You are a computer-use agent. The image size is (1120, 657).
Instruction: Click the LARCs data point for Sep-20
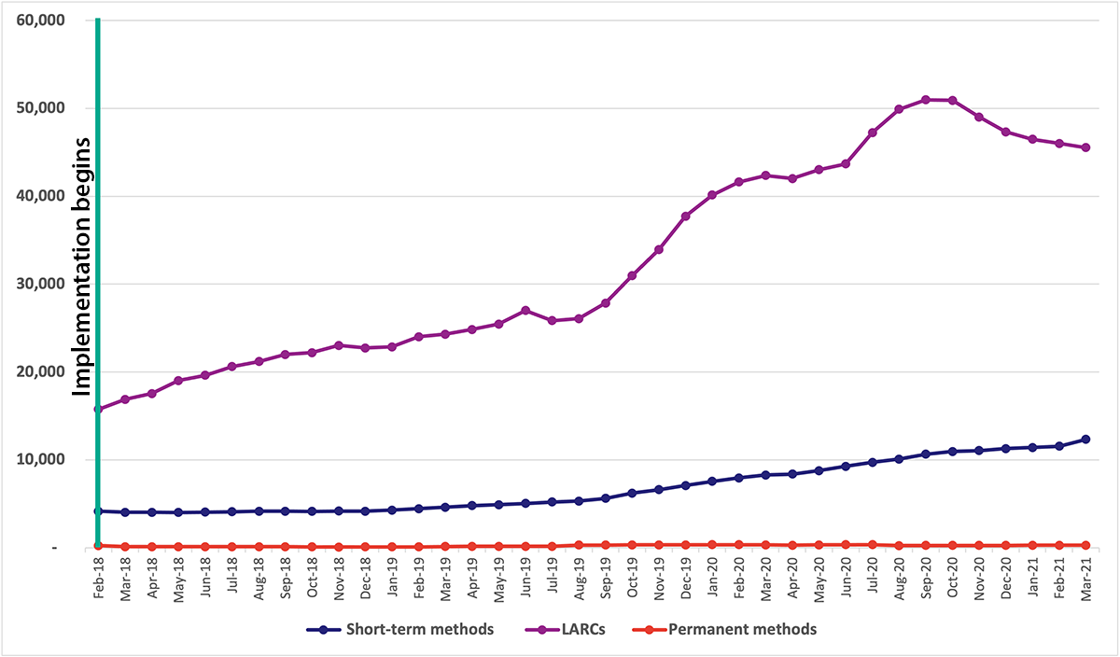click(x=926, y=100)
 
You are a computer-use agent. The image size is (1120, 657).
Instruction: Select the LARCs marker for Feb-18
click(x=98, y=409)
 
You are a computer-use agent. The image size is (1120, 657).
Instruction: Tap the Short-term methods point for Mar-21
click(x=1086, y=439)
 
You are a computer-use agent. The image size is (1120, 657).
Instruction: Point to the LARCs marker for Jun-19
click(x=525, y=310)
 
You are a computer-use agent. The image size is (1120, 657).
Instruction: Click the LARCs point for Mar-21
click(x=1086, y=147)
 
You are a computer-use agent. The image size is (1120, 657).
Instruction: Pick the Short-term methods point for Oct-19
click(x=633, y=493)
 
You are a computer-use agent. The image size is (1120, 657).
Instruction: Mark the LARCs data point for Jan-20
click(x=712, y=195)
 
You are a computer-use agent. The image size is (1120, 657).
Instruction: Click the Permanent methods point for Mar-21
click(x=1086, y=545)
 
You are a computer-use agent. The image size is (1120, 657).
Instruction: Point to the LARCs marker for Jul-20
click(x=873, y=133)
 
